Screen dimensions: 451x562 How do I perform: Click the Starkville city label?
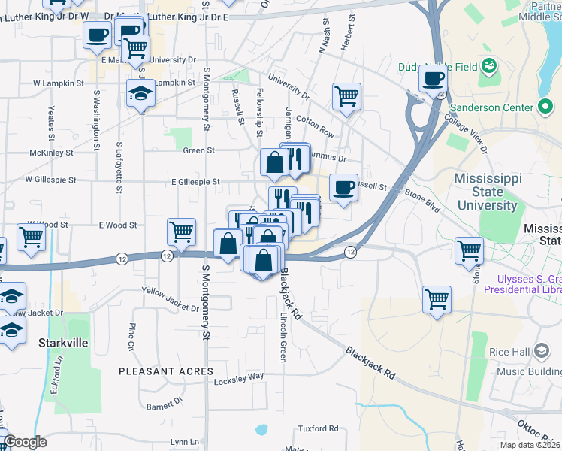(63, 343)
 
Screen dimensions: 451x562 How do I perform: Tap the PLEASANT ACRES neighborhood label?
(166, 371)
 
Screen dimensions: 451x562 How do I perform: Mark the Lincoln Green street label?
(283, 337)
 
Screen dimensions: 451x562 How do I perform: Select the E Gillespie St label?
(195, 181)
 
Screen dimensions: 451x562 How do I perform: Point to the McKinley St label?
(51, 152)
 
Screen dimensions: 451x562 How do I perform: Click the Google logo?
(25, 443)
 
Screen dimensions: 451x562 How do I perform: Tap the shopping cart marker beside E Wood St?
(182, 232)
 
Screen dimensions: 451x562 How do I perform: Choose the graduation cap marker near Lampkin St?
(140, 93)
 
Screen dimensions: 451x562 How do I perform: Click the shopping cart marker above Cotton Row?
(346, 95)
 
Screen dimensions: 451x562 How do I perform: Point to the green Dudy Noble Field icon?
(490, 66)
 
